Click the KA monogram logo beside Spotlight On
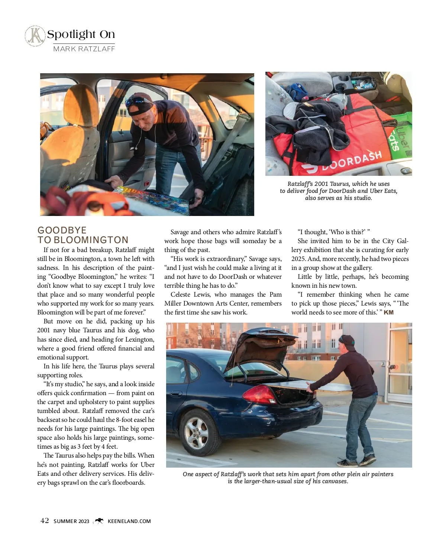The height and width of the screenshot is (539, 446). (35, 36)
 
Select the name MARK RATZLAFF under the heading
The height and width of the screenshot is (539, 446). (84, 49)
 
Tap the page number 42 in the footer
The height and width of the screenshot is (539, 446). (45, 521)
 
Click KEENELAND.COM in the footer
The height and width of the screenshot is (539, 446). (129, 521)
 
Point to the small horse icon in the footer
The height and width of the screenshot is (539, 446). (99, 521)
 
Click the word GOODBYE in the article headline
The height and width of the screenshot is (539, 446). (62, 230)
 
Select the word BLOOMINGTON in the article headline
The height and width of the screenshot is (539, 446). (91, 240)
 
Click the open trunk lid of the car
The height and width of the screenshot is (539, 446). (260, 348)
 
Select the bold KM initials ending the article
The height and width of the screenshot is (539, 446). (388, 312)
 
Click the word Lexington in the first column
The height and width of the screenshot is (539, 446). (138, 339)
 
